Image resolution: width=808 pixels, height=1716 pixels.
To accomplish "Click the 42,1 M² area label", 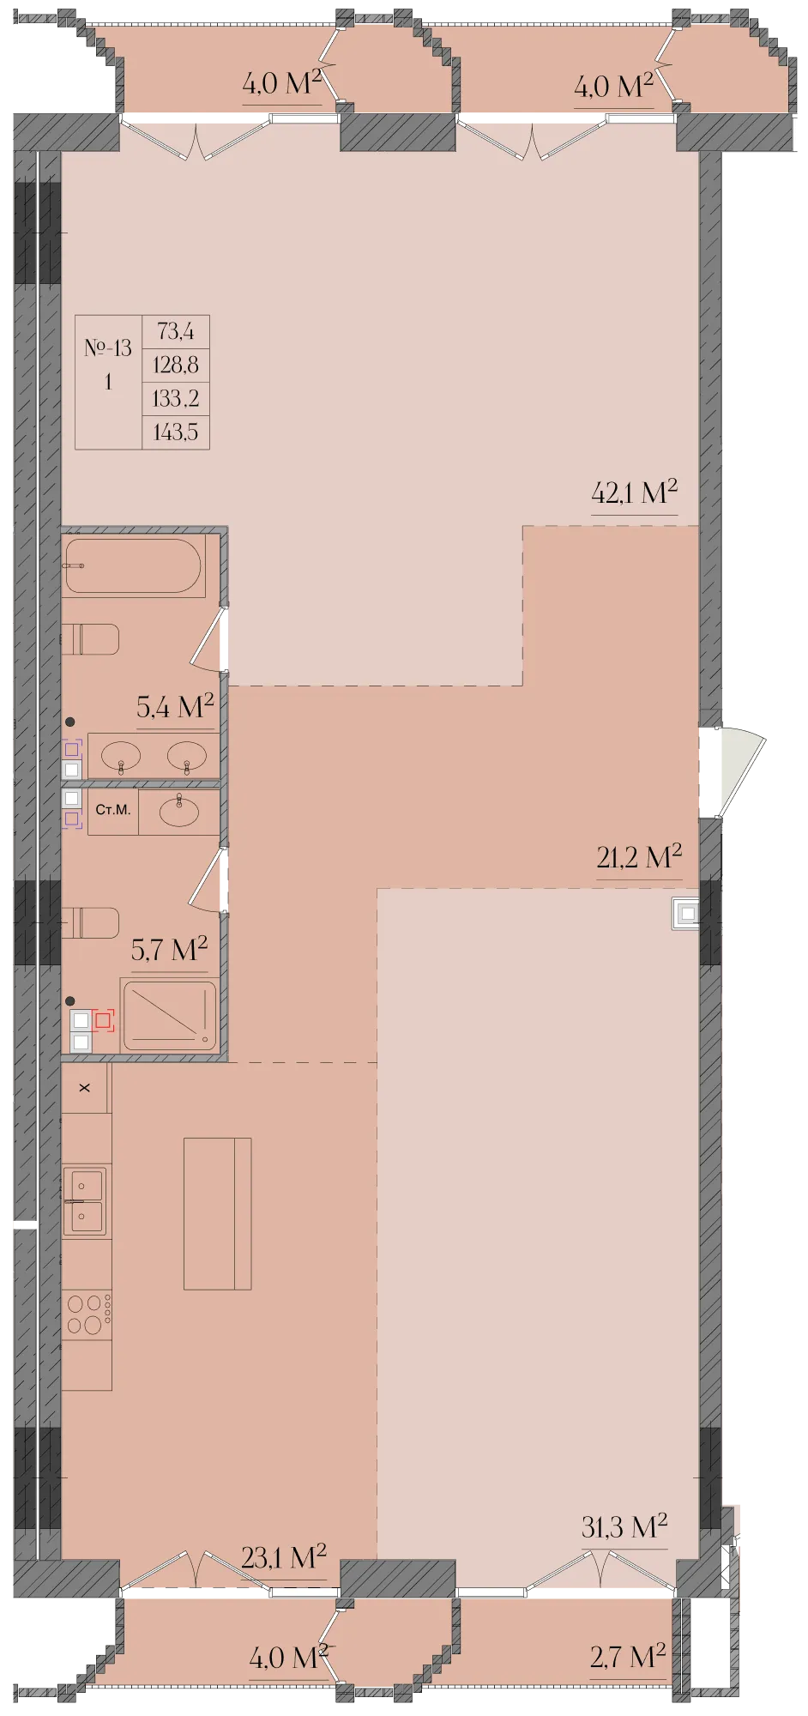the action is click(x=634, y=492).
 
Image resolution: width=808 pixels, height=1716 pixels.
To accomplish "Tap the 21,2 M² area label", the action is click(x=639, y=856).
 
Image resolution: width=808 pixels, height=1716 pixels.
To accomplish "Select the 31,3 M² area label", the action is click(x=624, y=1526).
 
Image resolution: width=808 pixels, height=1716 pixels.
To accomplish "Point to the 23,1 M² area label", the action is click(x=283, y=1557).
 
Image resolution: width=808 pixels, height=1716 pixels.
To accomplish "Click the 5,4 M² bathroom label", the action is click(x=175, y=707).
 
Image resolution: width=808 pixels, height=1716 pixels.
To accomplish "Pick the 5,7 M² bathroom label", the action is click(x=169, y=950).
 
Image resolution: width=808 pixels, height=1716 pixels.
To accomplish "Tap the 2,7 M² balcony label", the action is click(x=628, y=1657).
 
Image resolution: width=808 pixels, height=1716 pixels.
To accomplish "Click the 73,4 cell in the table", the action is click(x=176, y=331).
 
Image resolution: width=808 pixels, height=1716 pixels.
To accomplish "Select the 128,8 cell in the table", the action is click(x=176, y=365).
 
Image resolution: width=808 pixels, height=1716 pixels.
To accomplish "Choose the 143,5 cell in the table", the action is click(x=176, y=432).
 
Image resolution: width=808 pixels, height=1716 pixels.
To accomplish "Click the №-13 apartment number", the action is click(x=108, y=347).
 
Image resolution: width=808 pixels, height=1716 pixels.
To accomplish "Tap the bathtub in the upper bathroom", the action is click(x=133, y=565).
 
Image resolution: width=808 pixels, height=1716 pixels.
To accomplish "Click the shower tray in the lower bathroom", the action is click(x=169, y=1015).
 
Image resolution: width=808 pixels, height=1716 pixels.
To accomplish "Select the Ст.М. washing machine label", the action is click(x=113, y=809).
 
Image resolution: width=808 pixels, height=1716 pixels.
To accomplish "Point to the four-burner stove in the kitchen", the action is click(x=87, y=1314).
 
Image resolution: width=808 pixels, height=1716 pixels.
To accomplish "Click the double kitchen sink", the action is click(x=84, y=1201).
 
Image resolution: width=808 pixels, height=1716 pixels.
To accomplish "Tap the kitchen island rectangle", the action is click(x=218, y=1213).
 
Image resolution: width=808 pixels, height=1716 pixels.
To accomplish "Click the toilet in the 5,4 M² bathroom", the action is click(x=90, y=639).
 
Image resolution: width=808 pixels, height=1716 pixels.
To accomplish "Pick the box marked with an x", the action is click(x=85, y=1088).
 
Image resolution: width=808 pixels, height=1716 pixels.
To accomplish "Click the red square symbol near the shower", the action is click(x=104, y=1020).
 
